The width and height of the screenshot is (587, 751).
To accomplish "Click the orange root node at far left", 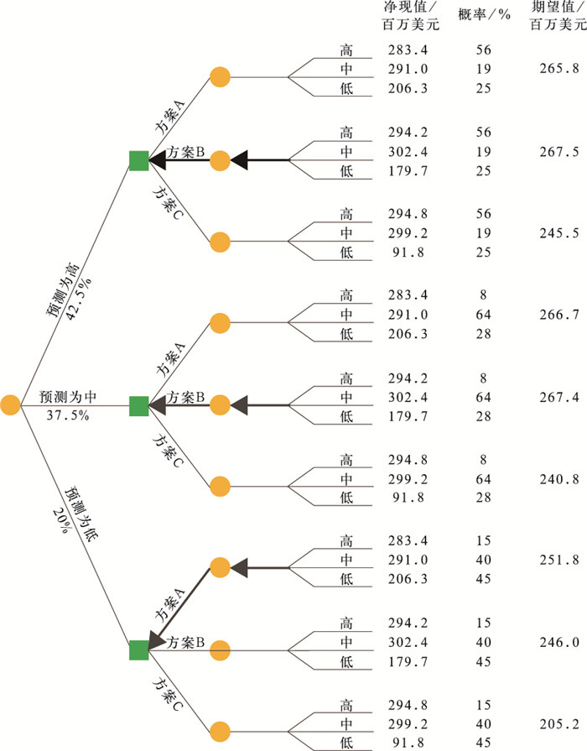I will click(11, 405).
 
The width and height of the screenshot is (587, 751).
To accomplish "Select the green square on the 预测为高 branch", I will click(139, 159).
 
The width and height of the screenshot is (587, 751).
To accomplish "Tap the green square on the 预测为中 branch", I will click(139, 405).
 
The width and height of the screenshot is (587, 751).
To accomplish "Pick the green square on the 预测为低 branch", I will click(139, 650).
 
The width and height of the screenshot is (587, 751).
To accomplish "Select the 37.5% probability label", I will click(66, 415).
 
